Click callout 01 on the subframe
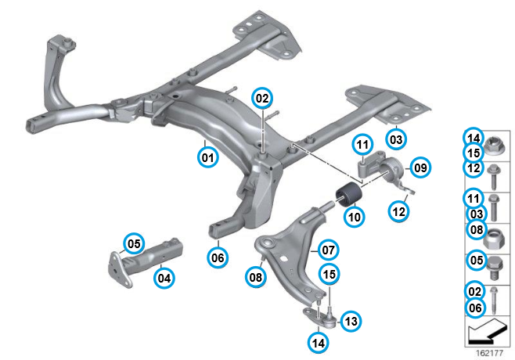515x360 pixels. pos(207,158)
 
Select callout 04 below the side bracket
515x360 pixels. pos(164,276)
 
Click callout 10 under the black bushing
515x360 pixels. pos(355,215)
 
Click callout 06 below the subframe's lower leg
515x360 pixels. pos(217,256)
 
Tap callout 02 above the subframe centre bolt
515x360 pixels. pos(261,99)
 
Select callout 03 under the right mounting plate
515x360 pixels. pos(396,139)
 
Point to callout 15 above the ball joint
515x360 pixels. pos(330,274)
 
